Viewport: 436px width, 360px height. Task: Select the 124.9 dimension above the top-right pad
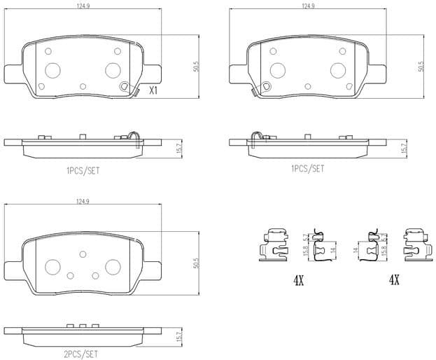click(x=307, y=6)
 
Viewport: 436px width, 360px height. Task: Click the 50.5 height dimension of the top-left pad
click(x=197, y=67)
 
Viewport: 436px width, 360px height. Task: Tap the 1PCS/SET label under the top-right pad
click(x=307, y=169)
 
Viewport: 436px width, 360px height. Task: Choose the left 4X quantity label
click(x=299, y=281)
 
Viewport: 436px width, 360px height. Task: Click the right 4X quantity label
click(x=394, y=281)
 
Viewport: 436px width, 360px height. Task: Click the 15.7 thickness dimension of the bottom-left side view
click(x=179, y=338)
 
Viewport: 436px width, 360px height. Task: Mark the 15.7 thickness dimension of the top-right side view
click(x=403, y=148)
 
